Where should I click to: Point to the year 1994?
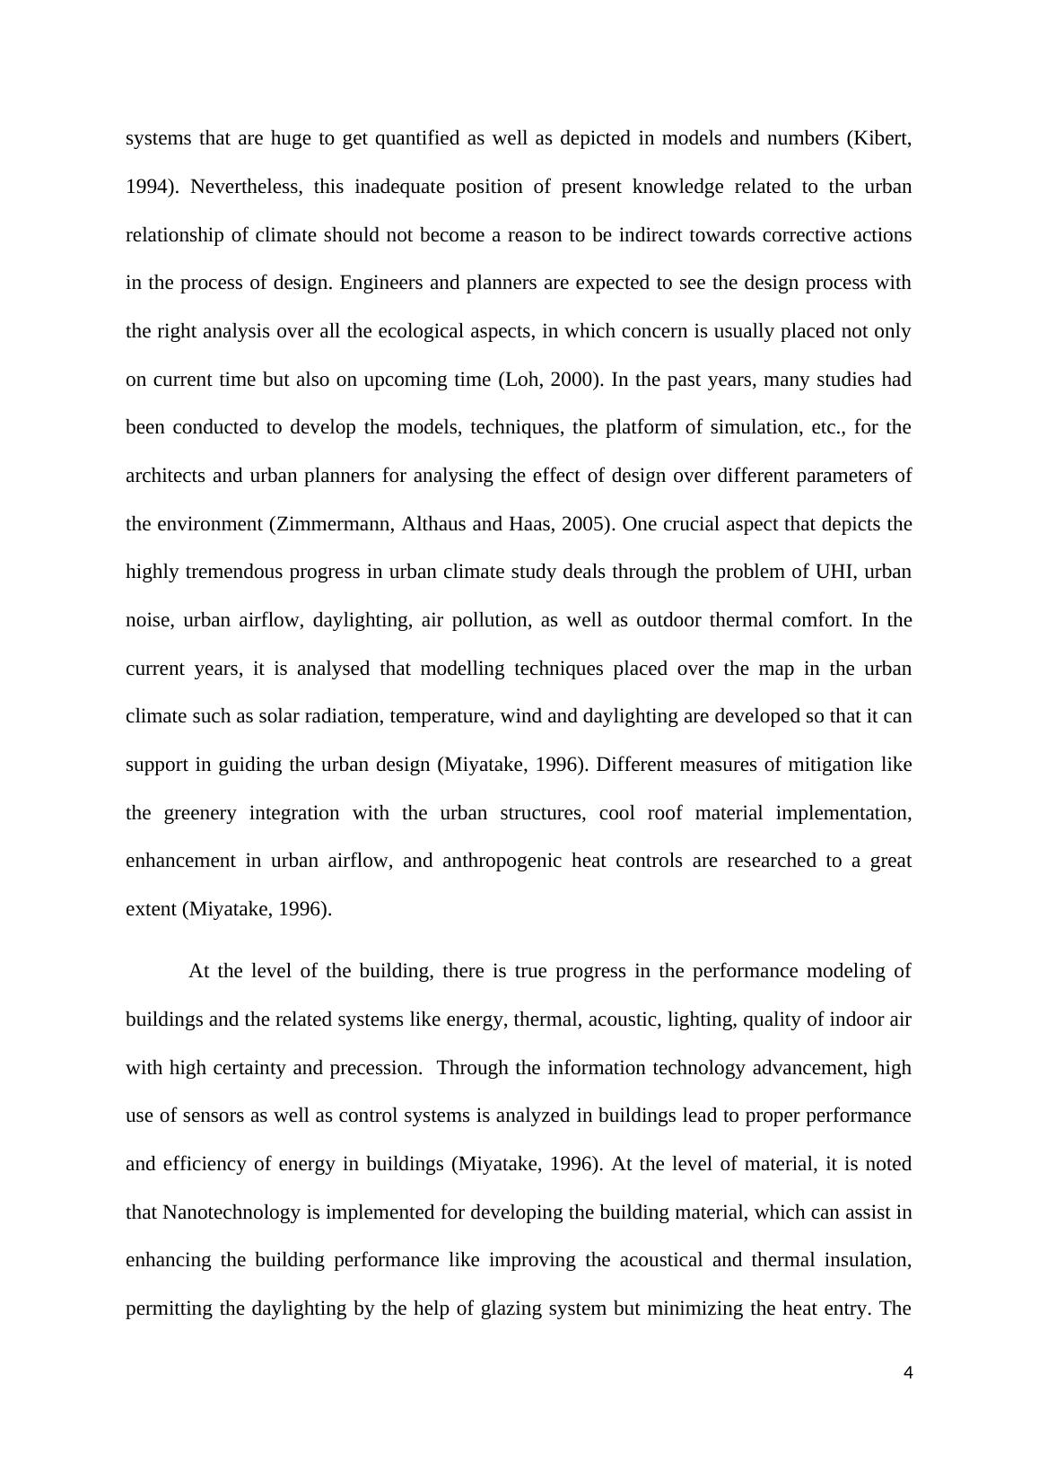coord(147,187)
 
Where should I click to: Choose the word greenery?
coord(200,813)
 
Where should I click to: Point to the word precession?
coord(375,1068)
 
